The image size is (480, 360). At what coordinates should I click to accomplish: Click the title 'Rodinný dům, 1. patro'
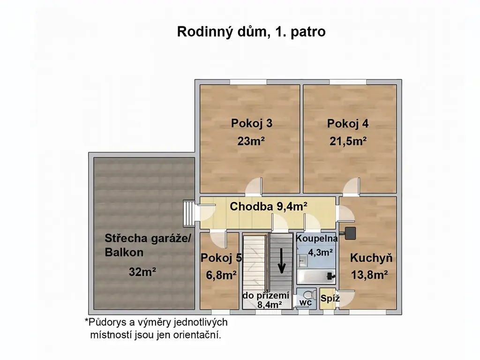click(x=251, y=32)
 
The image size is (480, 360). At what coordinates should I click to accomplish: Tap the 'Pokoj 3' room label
click(x=252, y=123)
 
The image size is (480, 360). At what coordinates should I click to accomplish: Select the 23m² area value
click(x=251, y=141)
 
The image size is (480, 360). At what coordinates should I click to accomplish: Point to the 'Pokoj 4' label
click(x=348, y=123)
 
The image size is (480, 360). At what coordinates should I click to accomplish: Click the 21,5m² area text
click(x=348, y=141)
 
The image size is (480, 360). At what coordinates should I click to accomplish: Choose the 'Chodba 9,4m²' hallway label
click(x=269, y=206)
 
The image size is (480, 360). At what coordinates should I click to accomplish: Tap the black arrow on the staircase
click(x=281, y=261)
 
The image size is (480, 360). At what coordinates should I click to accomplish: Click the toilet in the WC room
click(x=310, y=295)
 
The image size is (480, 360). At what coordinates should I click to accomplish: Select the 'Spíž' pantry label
click(x=330, y=298)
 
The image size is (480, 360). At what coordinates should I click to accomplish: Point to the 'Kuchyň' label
click(x=371, y=258)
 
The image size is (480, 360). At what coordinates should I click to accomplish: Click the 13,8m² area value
click(x=369, y=275)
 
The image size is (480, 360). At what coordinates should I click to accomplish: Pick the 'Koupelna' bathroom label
click(x=316, y=238)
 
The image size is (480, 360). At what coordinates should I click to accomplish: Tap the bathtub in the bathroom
click(x=316, y=277)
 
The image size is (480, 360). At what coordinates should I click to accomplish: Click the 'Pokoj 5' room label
click(x=221, y=258)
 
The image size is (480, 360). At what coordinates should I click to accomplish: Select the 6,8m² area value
click(x=221, y=275)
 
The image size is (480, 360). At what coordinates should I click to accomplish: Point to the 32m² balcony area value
click(x=142, y=271)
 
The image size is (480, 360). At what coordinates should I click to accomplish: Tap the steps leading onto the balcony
click(x=188, y=213)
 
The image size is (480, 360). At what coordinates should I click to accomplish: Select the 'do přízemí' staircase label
click(x=266, y=295)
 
